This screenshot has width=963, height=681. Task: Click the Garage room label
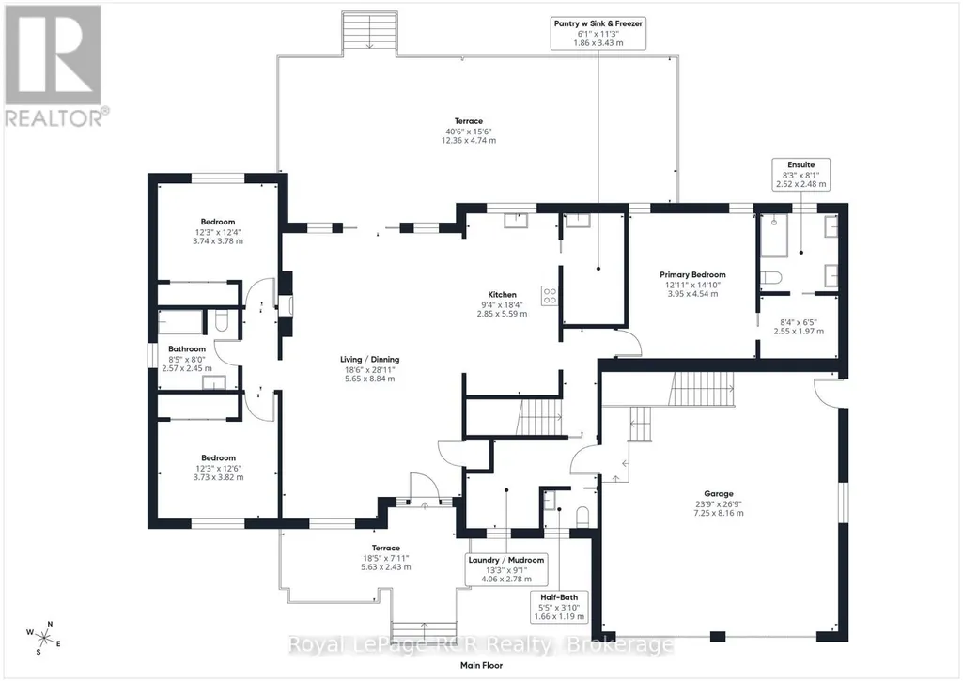point(718,493)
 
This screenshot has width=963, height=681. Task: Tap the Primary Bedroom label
point(692,274)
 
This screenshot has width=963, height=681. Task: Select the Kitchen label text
point(502,294)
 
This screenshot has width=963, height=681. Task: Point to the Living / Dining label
point(370,359)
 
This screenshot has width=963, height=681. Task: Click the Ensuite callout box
point(800,175)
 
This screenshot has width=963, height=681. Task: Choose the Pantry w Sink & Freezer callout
point(598,33)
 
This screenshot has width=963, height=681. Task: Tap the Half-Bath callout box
point(559,607)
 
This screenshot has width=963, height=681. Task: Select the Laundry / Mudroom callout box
point(506,569)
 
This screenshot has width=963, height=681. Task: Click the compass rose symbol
point(44,638)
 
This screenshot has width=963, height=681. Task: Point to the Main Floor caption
point(481,665)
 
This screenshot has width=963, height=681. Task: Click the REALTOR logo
point(56,66)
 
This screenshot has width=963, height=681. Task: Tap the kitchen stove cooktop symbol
point(549,296)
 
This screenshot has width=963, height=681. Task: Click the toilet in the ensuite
point(770,278)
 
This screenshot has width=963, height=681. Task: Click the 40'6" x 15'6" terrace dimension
point(469,132)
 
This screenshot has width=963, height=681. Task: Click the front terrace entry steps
point(425,630)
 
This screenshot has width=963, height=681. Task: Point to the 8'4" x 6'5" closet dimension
point(799,322)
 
